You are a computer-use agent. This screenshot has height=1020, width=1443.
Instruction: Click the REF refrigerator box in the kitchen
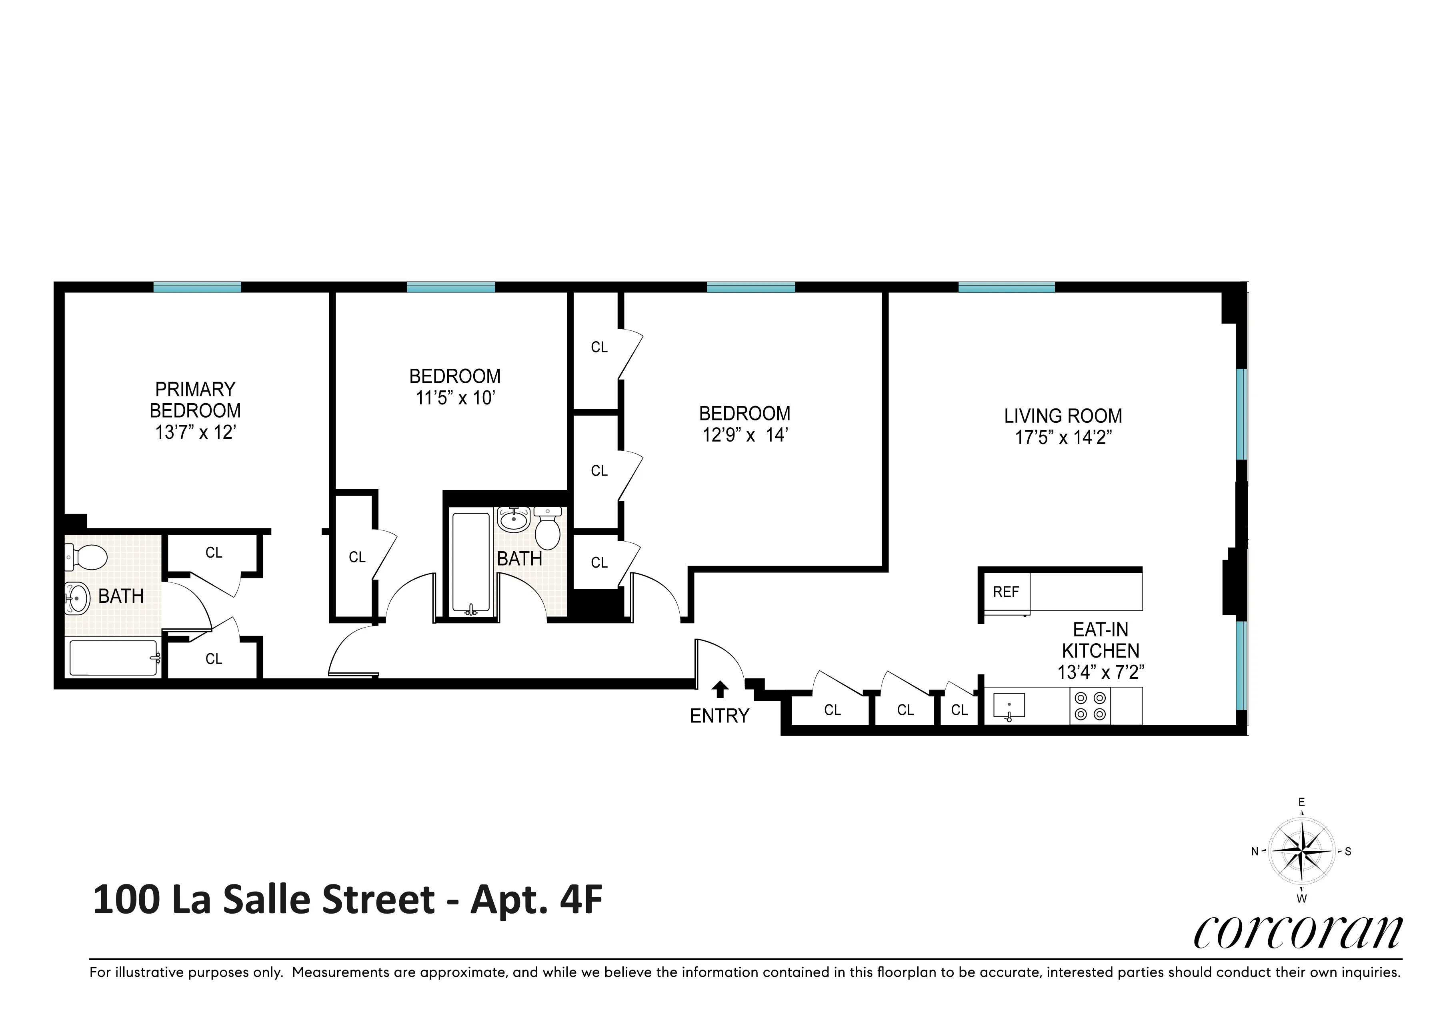point(1006,592)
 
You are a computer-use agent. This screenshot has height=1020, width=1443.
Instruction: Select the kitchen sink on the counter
point(1009,706)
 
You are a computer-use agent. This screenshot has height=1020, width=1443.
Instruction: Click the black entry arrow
point(720,690)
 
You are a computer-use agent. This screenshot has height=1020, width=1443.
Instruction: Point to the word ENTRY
point(720,716)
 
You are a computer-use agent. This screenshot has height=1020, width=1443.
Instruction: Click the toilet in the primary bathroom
point(88,556)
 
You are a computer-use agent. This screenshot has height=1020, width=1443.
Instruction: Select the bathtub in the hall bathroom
point(471,563)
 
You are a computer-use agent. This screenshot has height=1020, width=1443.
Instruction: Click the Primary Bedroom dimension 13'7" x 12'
point(196,432)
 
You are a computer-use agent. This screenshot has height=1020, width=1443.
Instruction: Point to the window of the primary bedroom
point(197,287)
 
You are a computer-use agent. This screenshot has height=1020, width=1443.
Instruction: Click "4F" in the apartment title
point(581,900)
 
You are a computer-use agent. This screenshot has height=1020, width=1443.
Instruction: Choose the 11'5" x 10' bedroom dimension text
point(455,398)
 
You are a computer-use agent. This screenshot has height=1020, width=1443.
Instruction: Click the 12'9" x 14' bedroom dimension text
point(745,435)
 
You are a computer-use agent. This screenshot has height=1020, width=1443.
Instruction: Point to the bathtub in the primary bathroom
point(113,658)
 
